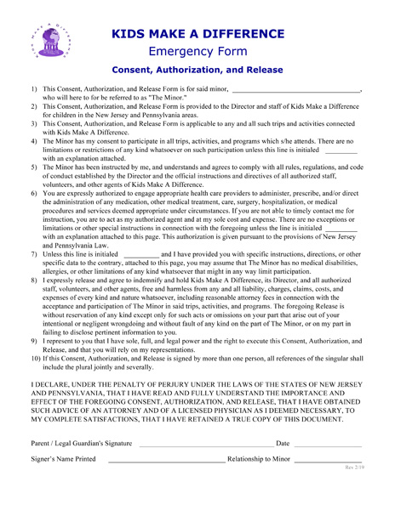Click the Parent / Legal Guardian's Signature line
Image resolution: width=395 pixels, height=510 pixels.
[206, 444]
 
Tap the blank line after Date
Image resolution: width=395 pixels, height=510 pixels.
[328, 444]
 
